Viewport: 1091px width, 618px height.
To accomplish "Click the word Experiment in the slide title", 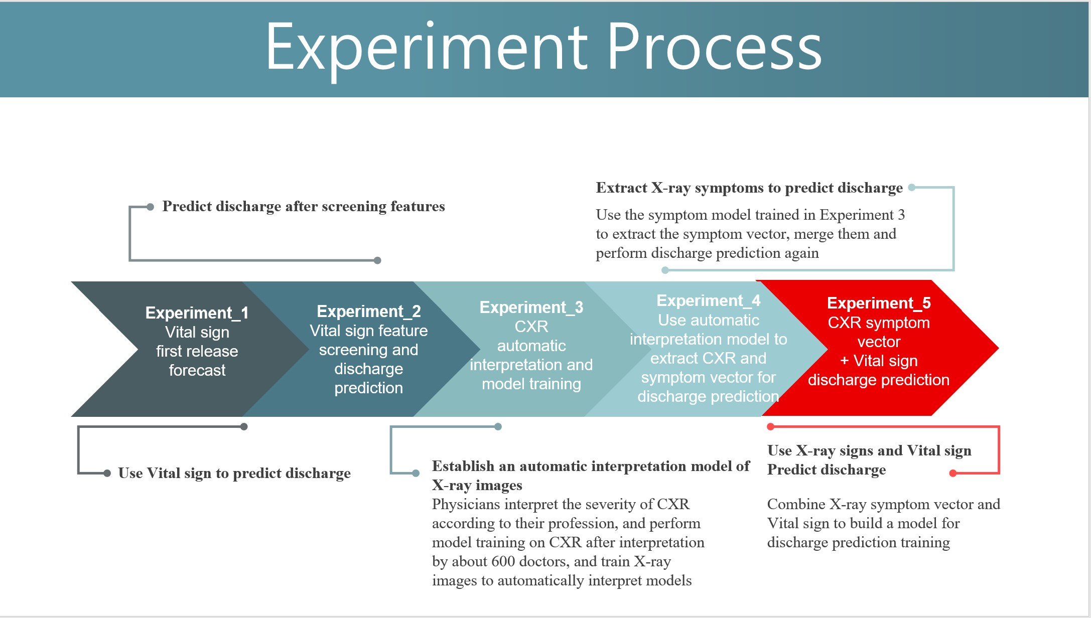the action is pyautogui.click(x=427, y=48).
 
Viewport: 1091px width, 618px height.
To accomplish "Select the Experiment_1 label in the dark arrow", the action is pyautogui.click(x=197, y=313).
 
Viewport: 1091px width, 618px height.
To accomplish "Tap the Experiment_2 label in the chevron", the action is pyautogui.click(x=369, y=311).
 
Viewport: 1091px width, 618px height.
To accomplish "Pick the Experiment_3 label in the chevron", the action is pyautogui.click(x=531, y=307).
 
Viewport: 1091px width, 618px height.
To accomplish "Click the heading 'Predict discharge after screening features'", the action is pyautogui.click(x=304, y=206).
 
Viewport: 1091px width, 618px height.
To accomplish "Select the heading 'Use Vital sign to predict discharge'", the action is pyautogui.click(x=234, y=473).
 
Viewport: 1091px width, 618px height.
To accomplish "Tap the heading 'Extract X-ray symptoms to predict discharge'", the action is pyautogui.click(x=749, y=188).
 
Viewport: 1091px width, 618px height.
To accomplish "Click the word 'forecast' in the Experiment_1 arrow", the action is pyautogui.click(x=197, y=370).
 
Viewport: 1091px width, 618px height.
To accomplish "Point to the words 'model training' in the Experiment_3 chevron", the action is pyautogui.click(x=531, y=384).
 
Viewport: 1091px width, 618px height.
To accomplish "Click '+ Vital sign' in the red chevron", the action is pyautogui.click(x=879, y=361).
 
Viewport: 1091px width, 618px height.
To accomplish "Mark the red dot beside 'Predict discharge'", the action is pyautogui.click(x=953, y=473).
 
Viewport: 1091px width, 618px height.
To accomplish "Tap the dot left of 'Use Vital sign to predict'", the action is pyautogui.click(x=107, y=473).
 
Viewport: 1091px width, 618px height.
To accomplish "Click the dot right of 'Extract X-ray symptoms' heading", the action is pyautogui.click(x=912, y=187).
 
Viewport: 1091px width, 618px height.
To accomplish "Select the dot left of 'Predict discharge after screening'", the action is pyautogui.click(x=150, y=207).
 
